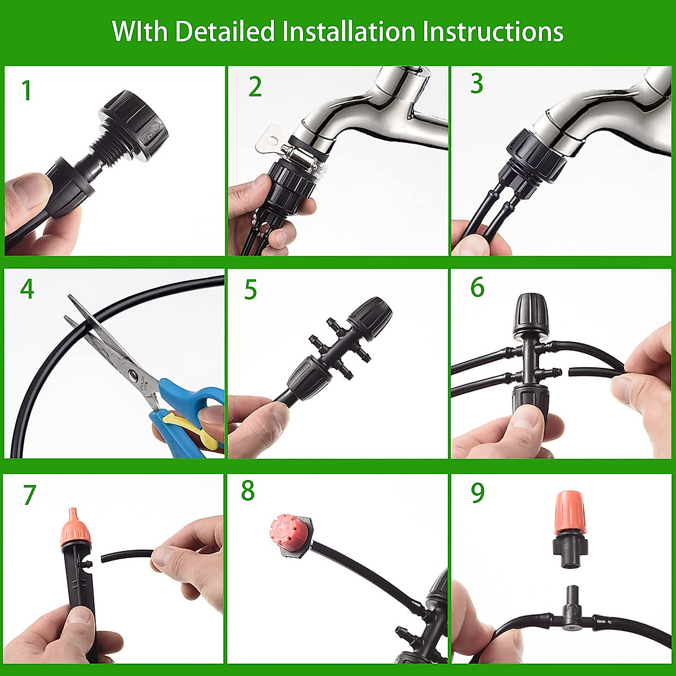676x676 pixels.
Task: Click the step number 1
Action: point(26,91)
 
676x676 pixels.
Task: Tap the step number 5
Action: point(250,290)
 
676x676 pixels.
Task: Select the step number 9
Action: point(477,493)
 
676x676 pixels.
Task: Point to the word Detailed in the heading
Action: point(225,32)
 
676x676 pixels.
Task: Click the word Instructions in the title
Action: point(493,32)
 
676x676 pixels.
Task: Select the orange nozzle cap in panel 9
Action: point(570,514)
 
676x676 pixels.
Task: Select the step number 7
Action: point(29,495)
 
